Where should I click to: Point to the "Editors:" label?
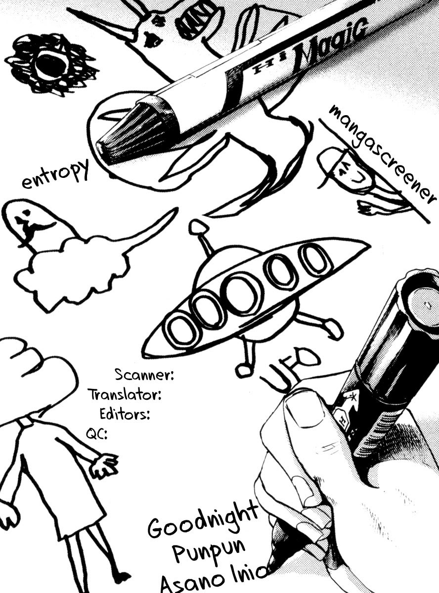pos(125,415)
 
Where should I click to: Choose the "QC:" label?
pos(96,434)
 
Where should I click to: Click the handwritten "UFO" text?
pos(290,372)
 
